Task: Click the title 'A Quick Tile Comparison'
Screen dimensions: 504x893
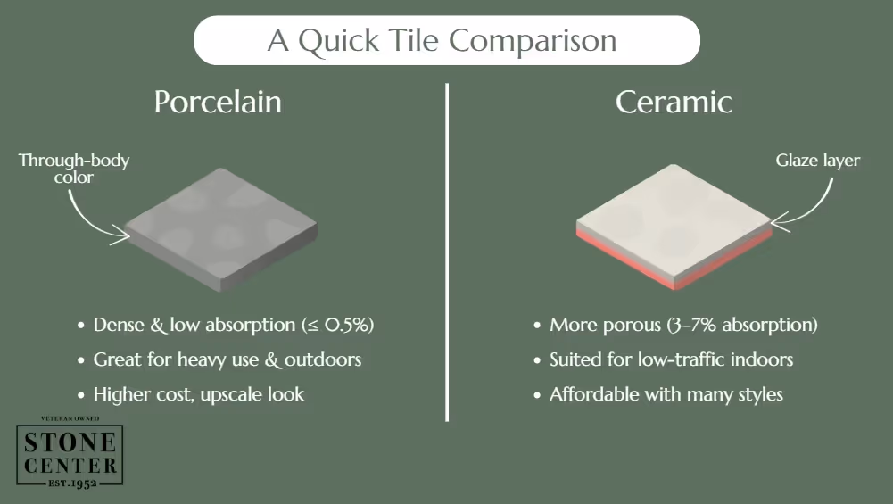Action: [x=446, y=41]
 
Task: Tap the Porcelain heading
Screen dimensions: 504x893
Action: [x=218, y=102]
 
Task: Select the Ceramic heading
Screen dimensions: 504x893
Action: [x=674, y=102]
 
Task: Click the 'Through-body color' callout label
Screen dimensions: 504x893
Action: [x=74, y=169]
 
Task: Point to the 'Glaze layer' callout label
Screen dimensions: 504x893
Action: [x=817, y=161]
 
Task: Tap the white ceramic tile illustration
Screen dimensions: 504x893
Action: [x=674, y=219]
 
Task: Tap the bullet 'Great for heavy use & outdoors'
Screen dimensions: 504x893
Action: [x=227, y=359]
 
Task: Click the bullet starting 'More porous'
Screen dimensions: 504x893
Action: [x=682, y=325]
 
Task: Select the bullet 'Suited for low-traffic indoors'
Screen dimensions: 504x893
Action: [x=671, y=359]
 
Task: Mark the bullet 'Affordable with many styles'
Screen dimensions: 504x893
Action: [x=666, y=394]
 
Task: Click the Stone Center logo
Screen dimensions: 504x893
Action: [x=69, y=454]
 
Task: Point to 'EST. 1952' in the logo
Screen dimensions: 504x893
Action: [x=69, y=483]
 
